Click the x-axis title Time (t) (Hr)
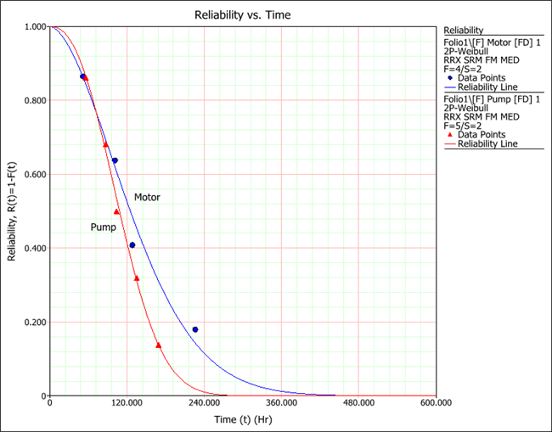coord(244,419)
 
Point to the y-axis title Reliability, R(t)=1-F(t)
coord(13,211)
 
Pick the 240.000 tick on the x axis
coord(204,404)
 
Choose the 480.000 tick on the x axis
coord(358,404)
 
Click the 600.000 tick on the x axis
coord(436,404)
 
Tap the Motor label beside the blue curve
coord(147,197)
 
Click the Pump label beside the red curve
coord(104,227)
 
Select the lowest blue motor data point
coord(195,329)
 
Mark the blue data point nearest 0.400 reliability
coord(132,245)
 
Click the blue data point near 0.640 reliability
coord(115,160)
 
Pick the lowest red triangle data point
coord(158,345)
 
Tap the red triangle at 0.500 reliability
coord(116,211)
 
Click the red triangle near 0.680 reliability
coord(105,144)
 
